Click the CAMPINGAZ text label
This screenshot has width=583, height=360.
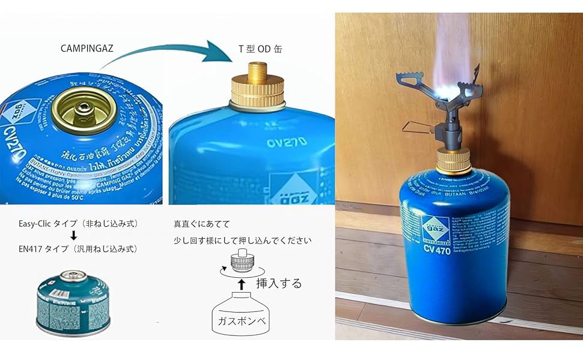[87, 49]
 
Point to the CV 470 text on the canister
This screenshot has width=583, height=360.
[438, 248]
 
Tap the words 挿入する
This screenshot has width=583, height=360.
[279, 283]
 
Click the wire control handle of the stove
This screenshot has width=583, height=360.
[417, 127]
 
